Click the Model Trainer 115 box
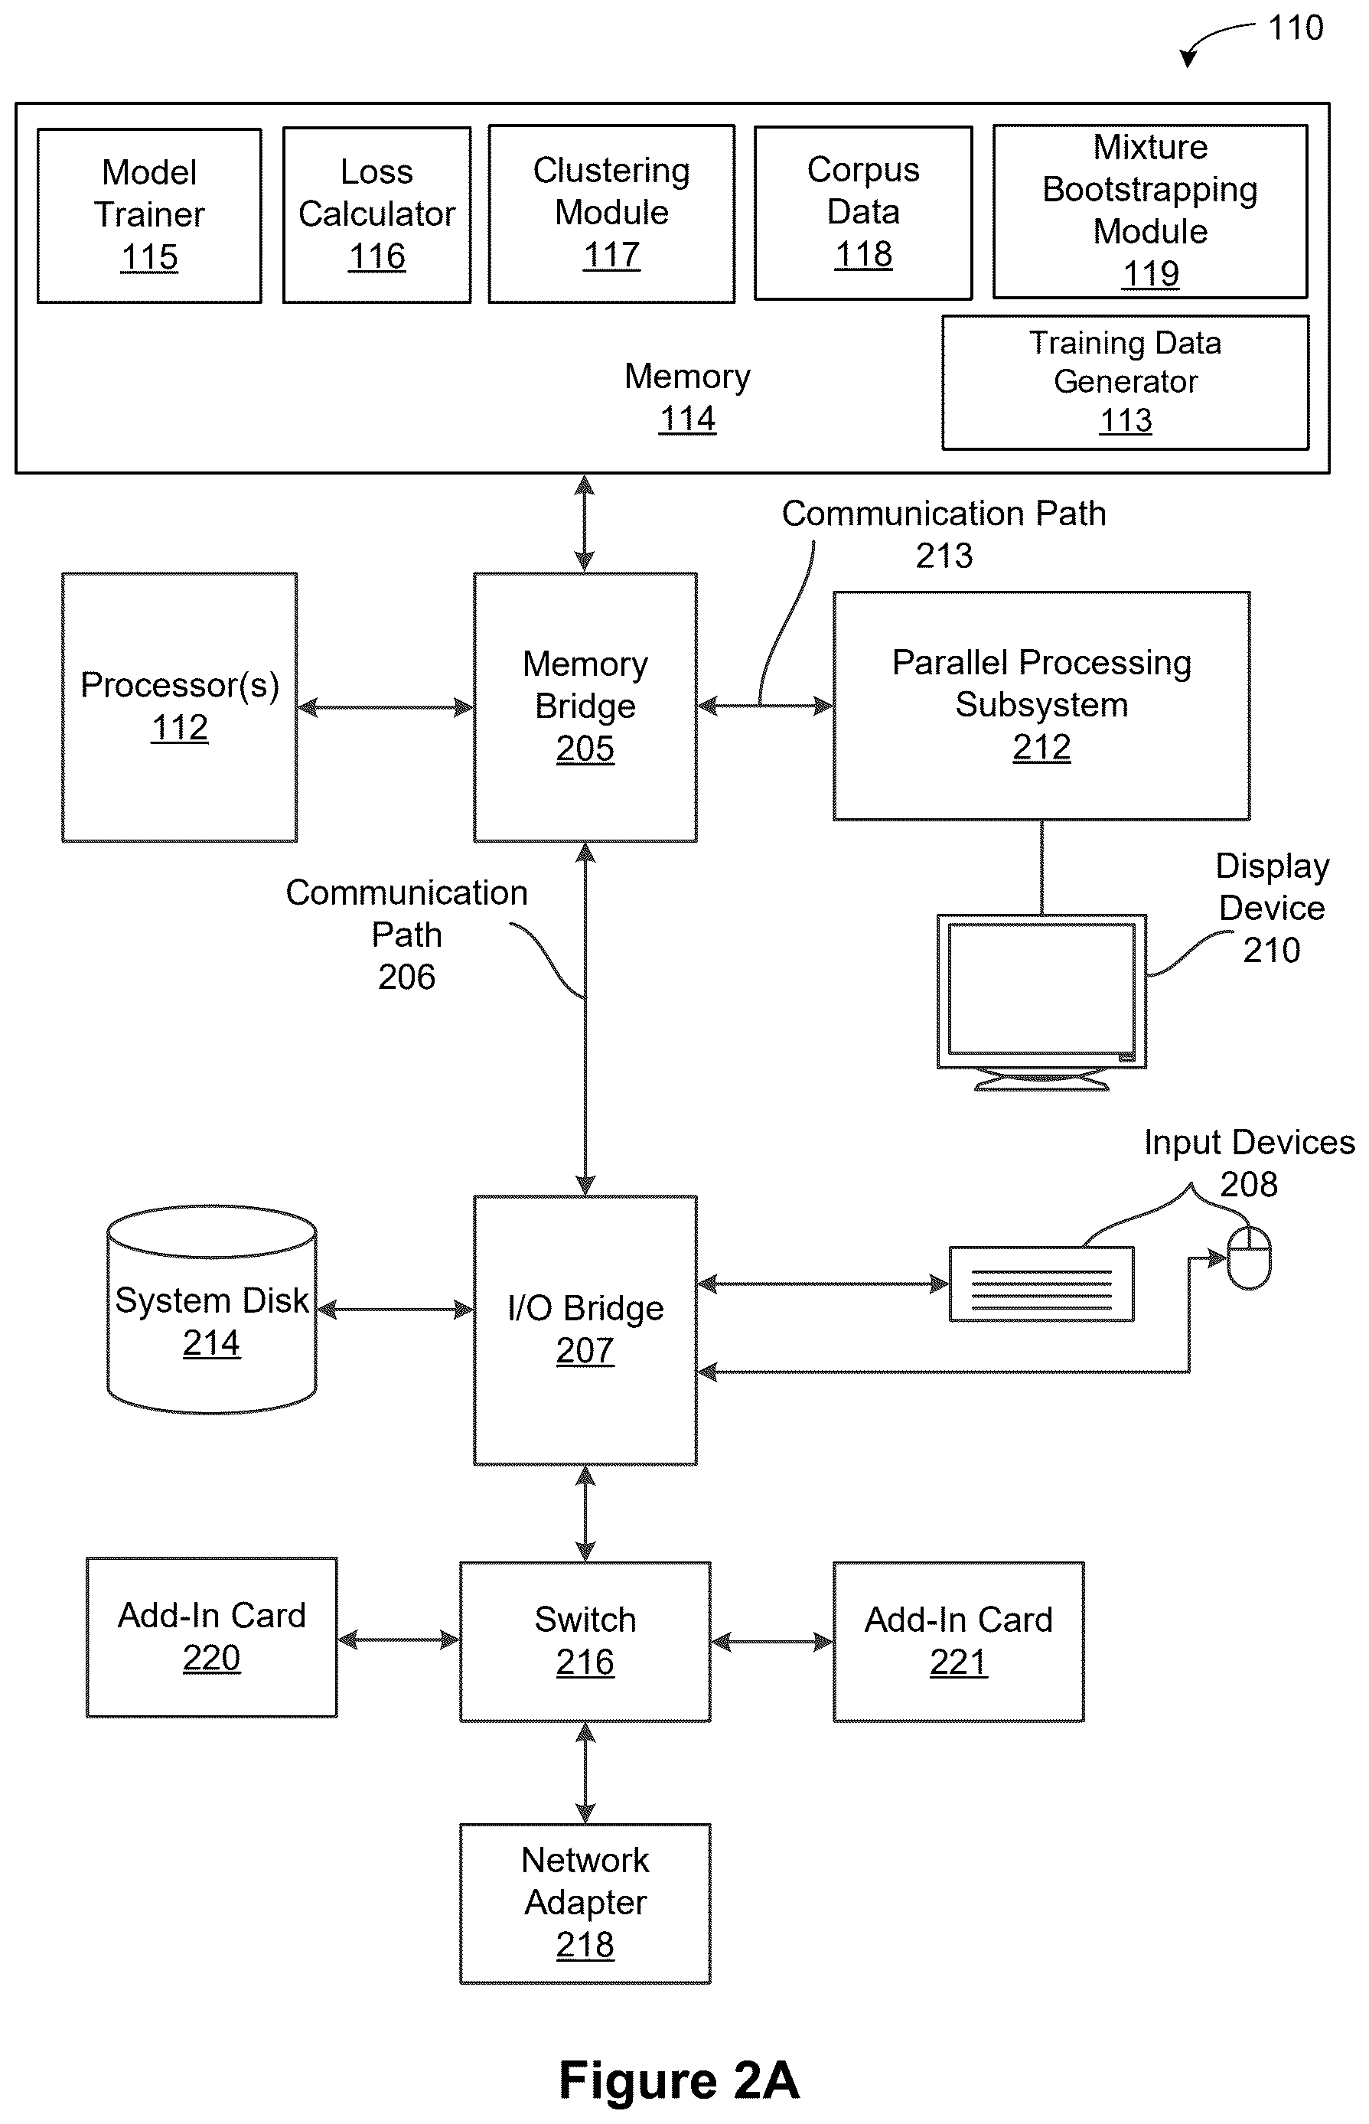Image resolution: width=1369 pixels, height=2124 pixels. [x=149, y=216]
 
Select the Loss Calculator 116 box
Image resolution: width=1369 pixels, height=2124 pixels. [x=377, y=215]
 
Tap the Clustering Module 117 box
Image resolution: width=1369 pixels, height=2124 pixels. [x=611, y=214]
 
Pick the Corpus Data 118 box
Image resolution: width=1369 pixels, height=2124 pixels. [x=863, y=214]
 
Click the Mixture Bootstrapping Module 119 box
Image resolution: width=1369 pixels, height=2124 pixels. [x=1150, y=211]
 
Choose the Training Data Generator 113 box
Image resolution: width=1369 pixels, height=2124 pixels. [x=1126, y=382]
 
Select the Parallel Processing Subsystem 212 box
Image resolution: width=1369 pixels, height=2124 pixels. [x=1041, y=706]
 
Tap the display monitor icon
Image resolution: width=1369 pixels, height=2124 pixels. [x=1041, y=1002]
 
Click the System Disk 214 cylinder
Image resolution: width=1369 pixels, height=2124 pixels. [x=211, y=1310]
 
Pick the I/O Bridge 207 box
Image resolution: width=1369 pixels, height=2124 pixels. [x=585, y=1330]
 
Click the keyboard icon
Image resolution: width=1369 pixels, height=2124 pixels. [x=1041, y=1284]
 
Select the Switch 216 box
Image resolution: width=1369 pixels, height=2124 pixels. [x=585, y=1642]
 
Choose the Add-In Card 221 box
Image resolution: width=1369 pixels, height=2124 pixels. [x=958, y=1642]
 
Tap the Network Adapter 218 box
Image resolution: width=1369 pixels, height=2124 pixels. [x=585, y=1904]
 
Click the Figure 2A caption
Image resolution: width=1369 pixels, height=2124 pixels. [x=680, y=2080]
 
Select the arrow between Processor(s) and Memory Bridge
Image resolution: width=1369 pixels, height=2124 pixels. [x=386, y=708]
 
